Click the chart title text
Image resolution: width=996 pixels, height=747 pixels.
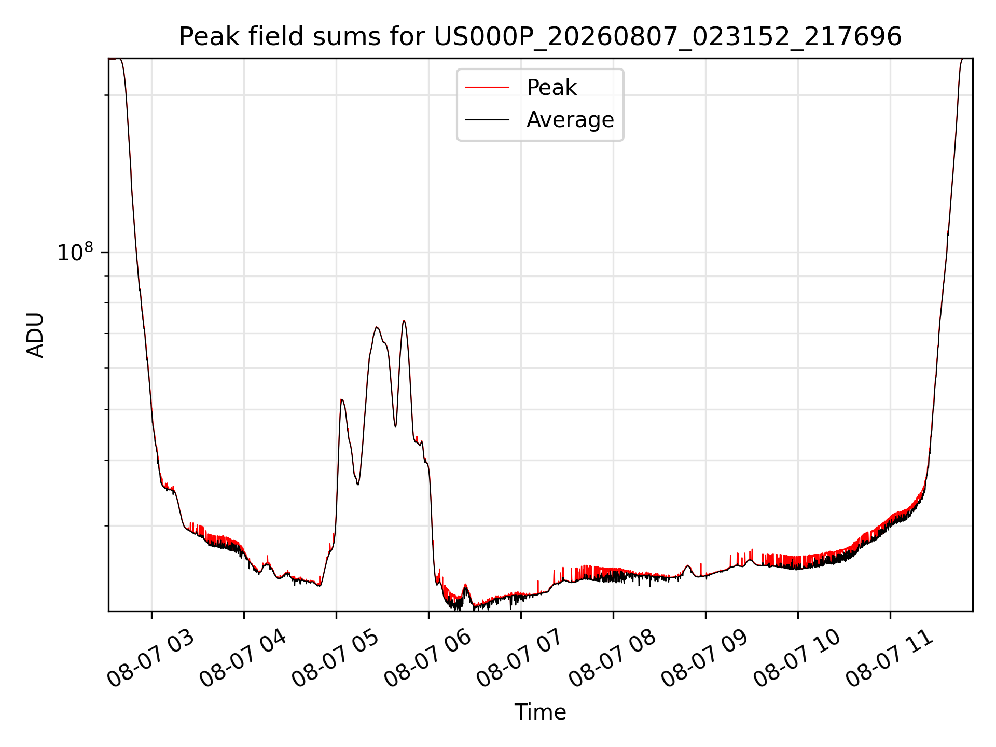coord(540,37)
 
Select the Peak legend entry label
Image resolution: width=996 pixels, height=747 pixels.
coord(551,88)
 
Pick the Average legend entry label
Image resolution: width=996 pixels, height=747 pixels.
coord(570,120)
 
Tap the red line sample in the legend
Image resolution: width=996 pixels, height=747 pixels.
coord(487,88)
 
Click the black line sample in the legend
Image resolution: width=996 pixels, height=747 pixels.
coord(487,120)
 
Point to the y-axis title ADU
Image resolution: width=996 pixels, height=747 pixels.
coord(35,335)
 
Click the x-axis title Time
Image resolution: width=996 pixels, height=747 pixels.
coord(540,712)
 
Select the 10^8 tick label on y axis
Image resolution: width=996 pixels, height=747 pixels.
coord(76,252)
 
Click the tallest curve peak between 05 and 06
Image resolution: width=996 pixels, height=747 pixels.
coord(404,321)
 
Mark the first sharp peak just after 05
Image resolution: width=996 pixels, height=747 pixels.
coord(341,399)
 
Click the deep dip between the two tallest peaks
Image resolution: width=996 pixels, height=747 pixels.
coord(395,426)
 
